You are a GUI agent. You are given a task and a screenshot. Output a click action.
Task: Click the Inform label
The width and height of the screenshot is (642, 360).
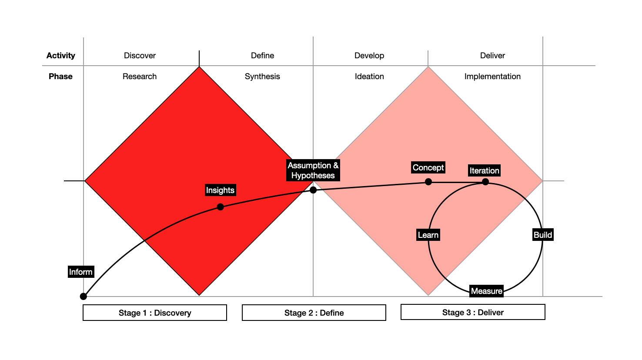pyautogui.click(x=81, y=272)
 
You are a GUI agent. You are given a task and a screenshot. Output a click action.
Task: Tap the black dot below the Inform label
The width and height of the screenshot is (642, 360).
pyautogui.click(x=84, y=297)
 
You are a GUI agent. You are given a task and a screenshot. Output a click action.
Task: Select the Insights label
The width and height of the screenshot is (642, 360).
pyautogui.click(x=220, y=190)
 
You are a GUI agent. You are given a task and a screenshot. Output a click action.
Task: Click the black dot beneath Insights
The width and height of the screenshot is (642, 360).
pyautogui.click(x=221, y=207)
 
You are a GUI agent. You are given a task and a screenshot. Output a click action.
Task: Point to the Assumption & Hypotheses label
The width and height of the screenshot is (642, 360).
pyautogui.click(x=313, y=170)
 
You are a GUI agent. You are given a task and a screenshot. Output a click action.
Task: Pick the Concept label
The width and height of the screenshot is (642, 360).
pyautogui.click(x=428, y=167)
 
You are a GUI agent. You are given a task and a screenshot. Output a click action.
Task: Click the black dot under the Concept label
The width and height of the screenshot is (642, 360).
pyautogui.click(x=428, y=182)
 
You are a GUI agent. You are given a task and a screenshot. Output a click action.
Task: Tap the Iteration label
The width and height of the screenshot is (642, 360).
pyautogui.click(x=484, y=170)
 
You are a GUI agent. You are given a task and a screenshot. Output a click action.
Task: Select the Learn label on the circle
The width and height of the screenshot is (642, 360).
pyautogui.click(x=428, y=235)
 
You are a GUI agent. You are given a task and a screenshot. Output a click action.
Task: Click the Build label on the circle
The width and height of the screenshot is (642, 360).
pyautogui.click(x=543, y=235)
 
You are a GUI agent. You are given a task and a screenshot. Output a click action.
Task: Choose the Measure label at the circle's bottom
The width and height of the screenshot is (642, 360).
pyautogui.click(x=487, y=291)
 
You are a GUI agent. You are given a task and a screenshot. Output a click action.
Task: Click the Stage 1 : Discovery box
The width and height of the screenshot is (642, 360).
pyautogui.click(x=155, y=313)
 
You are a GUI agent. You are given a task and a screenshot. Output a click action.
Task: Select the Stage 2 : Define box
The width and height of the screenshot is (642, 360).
pyautogui.click(x=314, y=313)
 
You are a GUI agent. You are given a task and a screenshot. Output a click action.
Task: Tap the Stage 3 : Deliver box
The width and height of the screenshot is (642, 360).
pyautogui.click(x=473, y=312)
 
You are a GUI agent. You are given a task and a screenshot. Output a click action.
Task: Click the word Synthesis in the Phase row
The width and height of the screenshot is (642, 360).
pyautogui.click(x=262, y=77)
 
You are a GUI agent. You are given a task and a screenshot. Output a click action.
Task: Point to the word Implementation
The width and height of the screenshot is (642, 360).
pyautogui.click(x=492, y=77)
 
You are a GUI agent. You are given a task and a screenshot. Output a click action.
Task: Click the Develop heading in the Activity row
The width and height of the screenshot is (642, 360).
pyautogui.click(x=369, y=56)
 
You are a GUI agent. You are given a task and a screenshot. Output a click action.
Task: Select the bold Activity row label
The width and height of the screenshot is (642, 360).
pyautogui.click(x=61, y=56)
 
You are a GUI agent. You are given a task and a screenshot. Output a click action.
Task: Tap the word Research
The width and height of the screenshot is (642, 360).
pyautogui.click(x=140, y=77)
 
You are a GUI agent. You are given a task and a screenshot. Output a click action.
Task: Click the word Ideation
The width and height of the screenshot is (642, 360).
pyautogui.click(x=369, y=77)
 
